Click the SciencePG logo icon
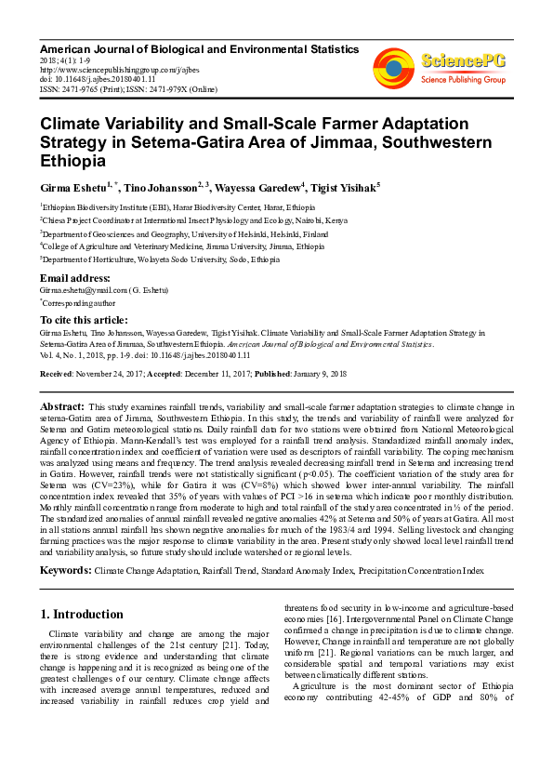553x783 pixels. [393, 66]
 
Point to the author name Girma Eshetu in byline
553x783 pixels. [72, 187]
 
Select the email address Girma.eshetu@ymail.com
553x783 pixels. [89, 291]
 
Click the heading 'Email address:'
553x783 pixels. [74, 279]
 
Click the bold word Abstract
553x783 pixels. [62, 407]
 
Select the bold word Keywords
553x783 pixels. [65, 567]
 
